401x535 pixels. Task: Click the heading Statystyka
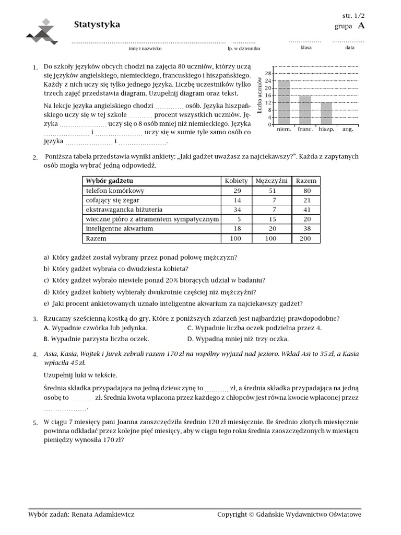(97, 25)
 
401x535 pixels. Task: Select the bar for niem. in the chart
(284, 103)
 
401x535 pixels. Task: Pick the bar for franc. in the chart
(305, 110)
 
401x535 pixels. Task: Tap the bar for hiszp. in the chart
(326, 114)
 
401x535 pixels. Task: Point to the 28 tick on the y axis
(268, 74)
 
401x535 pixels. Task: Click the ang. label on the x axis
(347, 129)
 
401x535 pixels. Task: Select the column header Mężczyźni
(272, 181)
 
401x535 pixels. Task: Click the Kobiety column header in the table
(236, 181)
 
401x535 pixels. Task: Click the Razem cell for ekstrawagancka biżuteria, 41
(306, 210)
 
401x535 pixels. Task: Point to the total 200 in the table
(306, 238)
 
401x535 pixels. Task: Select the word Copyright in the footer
(232, 515)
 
